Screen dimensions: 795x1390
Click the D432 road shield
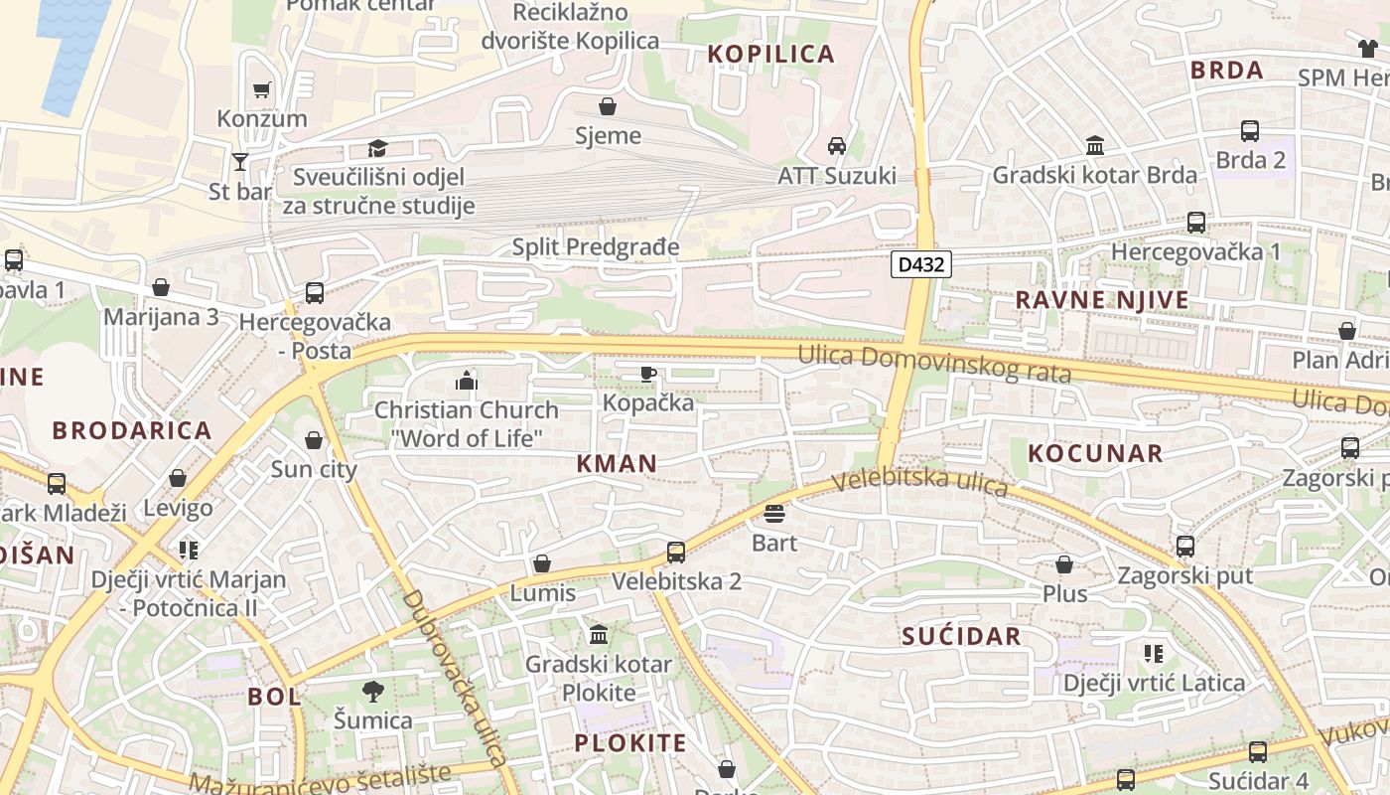click(x=921, y=264)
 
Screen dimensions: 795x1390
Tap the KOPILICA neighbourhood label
click(x=770, y=54)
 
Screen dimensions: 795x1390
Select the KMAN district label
click(x=617, y=463)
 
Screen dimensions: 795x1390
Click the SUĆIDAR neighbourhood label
click(x=961, y=637)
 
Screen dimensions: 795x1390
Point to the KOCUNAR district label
click(x=1094, y=453)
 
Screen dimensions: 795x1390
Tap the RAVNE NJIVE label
click(x=1101, y=300)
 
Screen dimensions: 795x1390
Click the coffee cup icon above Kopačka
click(x=647, y=374)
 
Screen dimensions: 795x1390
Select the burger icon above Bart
click(x=774, y=514)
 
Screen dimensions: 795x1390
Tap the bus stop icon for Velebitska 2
click(x=676, y=552)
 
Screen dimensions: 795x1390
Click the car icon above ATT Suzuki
click(x=837, y=146)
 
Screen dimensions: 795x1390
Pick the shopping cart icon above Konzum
click(x=262, y=90)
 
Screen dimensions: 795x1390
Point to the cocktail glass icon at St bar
click(x=239, y=161)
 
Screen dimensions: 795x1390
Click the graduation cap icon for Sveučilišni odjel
click(x=377, y=149)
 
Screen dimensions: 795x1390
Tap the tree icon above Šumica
click(x=373, y=691)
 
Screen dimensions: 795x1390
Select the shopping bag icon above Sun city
click(x=314, y=440)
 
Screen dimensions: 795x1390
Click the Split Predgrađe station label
click(x=596, y=246)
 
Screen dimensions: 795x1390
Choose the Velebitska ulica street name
click(x=919, y=483)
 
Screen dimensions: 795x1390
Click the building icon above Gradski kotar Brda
click(x=1095, y=146)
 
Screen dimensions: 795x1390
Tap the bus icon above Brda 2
click(x=1250, y=131)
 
